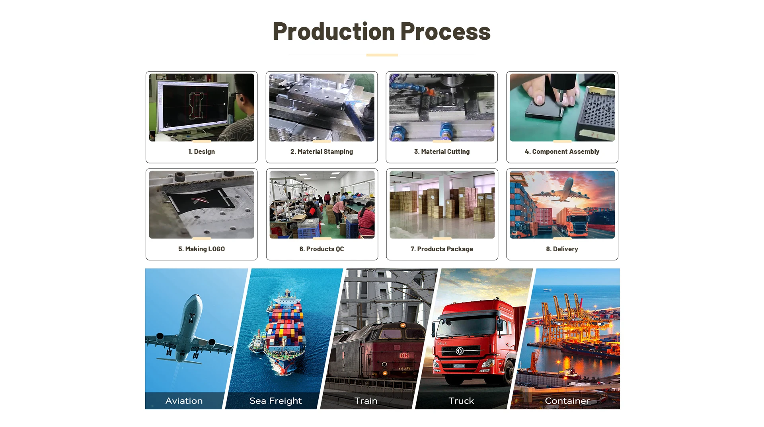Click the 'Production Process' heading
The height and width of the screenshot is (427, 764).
click(382, 31)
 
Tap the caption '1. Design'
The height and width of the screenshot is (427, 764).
click(201, 151)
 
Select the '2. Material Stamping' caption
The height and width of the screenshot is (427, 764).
click(322, 151)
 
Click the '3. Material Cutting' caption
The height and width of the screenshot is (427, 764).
click(442, 151)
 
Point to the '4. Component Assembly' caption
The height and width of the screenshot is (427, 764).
click(562, 151)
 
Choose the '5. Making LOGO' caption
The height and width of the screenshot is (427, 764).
click(201, 249)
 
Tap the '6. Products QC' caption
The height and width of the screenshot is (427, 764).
click(322, 249)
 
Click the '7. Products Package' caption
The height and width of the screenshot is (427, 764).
click(442, 249)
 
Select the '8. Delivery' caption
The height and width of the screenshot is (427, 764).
click(562, 249)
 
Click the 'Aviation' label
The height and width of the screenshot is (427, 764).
click(184, 401)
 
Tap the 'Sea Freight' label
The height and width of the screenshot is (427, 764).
click(275, 401)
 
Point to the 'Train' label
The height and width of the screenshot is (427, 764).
click(366, 401)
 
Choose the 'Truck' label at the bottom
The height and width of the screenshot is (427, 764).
click(461, 401)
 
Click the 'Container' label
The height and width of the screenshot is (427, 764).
click(567, 401)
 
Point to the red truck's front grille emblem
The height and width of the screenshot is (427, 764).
click(460, 351)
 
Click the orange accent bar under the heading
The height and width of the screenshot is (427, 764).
click(382, 55)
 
